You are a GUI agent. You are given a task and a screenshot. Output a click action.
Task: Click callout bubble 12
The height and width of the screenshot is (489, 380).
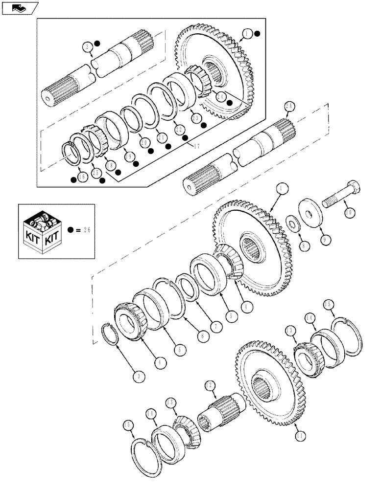(x=211, y=385)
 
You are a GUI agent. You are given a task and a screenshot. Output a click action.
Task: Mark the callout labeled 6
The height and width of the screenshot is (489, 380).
(x=202, y=337)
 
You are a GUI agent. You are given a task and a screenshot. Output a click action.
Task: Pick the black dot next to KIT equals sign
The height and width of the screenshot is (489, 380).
(x=71, y=229)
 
